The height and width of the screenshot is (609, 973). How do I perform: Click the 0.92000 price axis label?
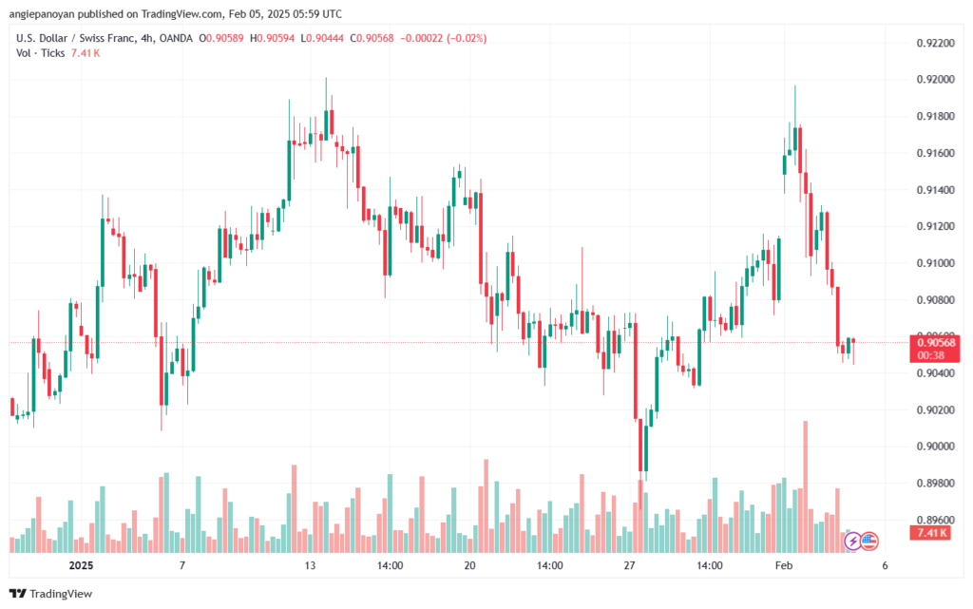tap(935, 80)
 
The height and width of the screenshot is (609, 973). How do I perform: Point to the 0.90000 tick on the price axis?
tap(935, 447)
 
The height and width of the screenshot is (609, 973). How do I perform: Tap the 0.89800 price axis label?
tap(935, 483)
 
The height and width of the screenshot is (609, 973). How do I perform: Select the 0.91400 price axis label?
tap(935, 190)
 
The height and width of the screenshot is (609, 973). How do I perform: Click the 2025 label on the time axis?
tap(81, 565)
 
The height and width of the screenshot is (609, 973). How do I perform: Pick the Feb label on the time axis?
tap(784, 565)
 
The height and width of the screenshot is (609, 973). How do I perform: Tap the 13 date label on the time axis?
tap(310, 565)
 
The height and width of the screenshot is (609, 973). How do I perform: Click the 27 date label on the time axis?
tap(629, 565)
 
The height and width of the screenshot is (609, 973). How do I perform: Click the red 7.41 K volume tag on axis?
tap(930, 533)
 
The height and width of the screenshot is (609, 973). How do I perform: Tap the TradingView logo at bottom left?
tap(51, 594)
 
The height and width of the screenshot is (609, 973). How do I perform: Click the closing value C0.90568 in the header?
tap(372, 38)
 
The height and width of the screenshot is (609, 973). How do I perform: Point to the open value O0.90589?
tap(220, 38)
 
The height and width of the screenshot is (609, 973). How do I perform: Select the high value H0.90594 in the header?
tap(272, 38)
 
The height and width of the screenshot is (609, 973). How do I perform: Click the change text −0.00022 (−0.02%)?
tap(443, 38)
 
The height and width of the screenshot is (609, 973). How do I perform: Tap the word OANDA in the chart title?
tap(176, 38)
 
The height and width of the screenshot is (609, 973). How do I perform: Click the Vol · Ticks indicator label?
tap(40, 53)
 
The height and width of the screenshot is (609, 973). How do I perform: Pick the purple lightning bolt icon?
tap(852, 541)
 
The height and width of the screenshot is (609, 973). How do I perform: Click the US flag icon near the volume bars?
tap(869, 541)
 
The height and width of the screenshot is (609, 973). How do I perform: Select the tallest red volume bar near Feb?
tap(806, 486)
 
